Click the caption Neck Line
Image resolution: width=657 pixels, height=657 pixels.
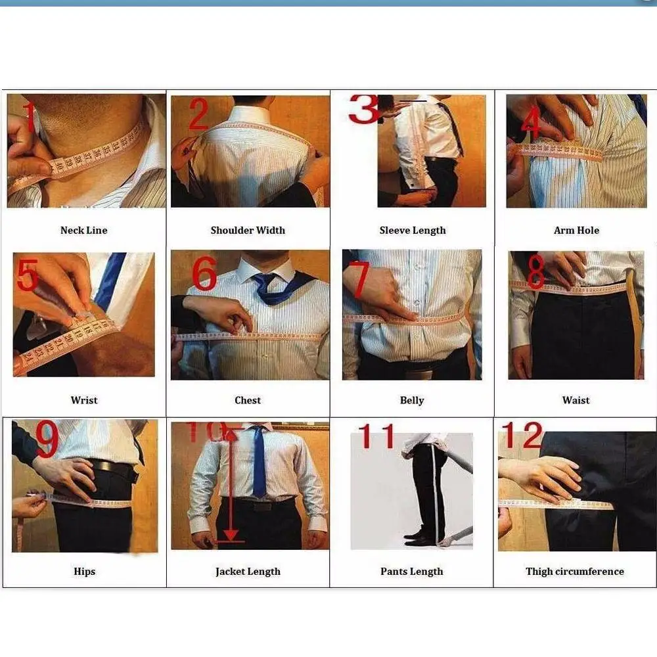[x=84, y=230]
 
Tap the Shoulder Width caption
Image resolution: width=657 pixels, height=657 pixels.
[x=248, y=230]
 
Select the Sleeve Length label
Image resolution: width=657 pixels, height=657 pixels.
[x=413, y=231]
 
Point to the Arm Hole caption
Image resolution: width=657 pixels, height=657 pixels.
[x=576, y=230]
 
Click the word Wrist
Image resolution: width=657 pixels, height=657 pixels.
[x=84, y=400]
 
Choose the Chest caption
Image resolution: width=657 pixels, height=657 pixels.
[x=248, y=400]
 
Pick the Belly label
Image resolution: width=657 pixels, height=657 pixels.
[x=412, y=401]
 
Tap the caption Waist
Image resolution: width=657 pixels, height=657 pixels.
[x=576, y=400]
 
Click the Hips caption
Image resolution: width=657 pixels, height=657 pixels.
[x=84, y=572]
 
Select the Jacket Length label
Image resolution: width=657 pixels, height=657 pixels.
[x=248, y=572]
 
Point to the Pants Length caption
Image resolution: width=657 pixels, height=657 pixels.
[x=411, y=572]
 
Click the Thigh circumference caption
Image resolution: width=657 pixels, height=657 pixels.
[x=575, y=572]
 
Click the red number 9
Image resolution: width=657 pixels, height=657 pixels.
[x=47, y=438]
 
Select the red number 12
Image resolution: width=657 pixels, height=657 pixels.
[x=522, y=435]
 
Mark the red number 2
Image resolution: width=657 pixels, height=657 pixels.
[x=198, y=113]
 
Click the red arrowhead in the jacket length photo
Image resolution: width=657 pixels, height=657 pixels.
[x=231, y=535]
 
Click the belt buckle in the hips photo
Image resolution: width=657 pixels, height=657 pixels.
[x=135, y=475]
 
